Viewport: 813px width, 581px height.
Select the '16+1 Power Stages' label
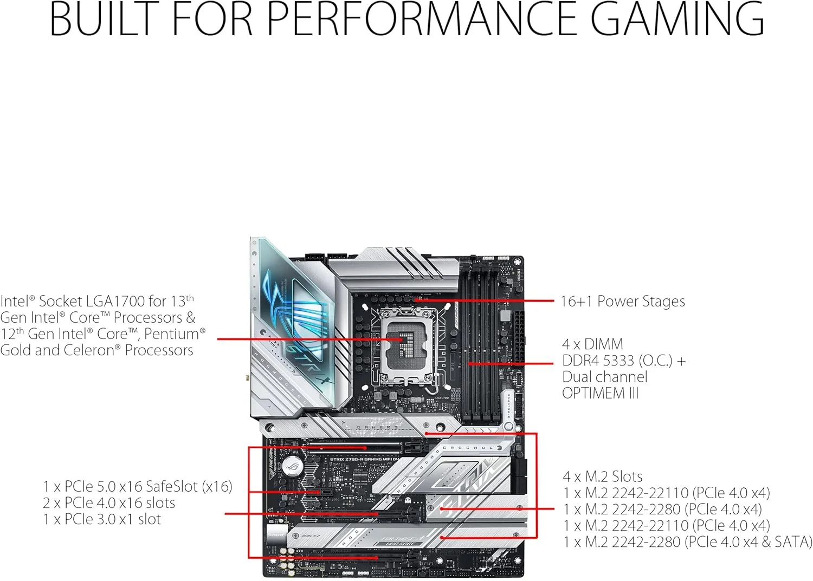click(622, 302)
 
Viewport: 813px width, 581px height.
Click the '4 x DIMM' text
click(592, 344)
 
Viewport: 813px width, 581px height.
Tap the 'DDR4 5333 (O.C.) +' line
click(623, 361)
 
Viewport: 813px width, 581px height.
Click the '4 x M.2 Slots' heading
click(602, 476)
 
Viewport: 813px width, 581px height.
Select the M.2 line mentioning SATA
click(687, 541)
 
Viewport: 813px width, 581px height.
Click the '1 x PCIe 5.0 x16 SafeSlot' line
click(138, 486)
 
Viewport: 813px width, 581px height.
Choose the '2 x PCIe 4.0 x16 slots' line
click(109, 502)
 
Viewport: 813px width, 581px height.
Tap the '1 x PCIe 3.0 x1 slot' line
click(102, 519)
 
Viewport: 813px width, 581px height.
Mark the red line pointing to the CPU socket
click(304, 340)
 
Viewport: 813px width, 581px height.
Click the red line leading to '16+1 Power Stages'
click(488, 300)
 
